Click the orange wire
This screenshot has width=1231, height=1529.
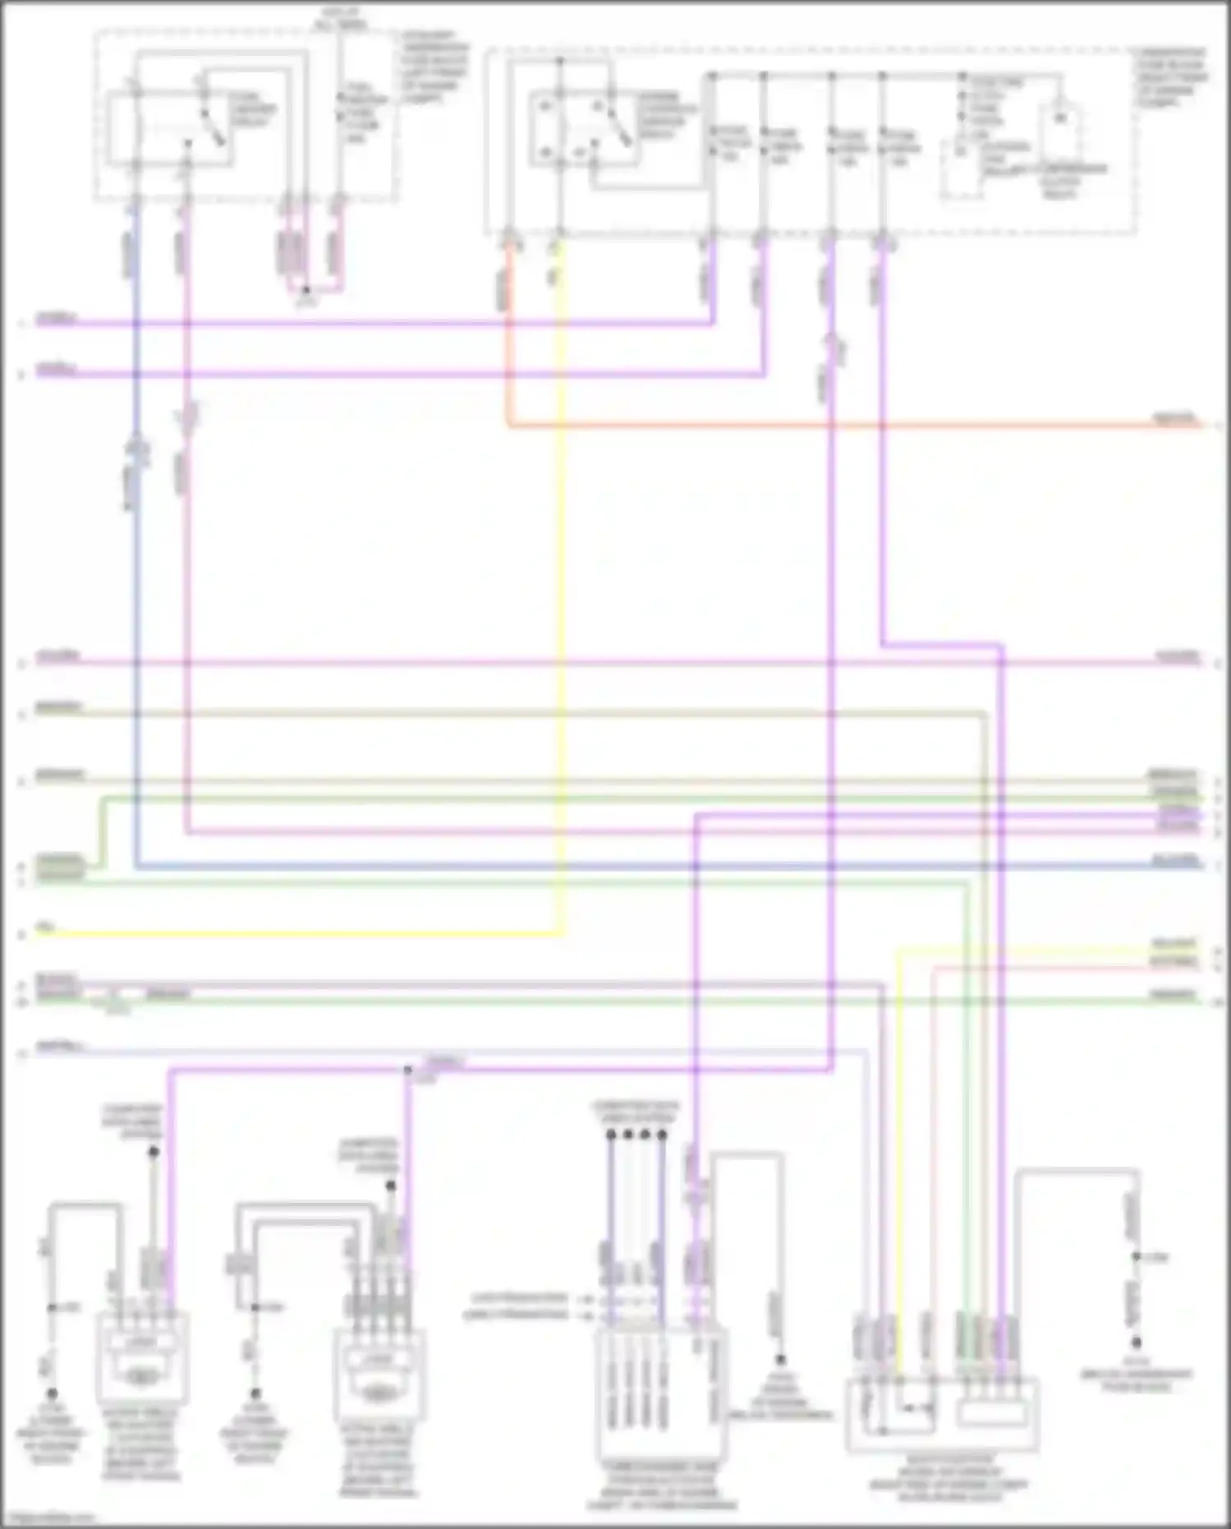(x=821, y=426)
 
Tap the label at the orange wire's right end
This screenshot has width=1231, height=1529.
(x=1176, y=418)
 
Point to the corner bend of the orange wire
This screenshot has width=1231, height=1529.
(x=508, y=425)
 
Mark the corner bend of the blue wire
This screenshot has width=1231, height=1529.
(x=136, y=866)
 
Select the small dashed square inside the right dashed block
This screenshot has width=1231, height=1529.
(x=962, y=170)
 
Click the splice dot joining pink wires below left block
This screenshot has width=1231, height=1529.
(x=306, y=290)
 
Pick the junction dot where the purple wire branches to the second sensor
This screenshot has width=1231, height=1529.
(x=407, y=1070)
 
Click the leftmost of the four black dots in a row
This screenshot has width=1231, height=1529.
(x=611, y=1135)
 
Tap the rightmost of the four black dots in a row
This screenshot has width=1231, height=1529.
(x=662, y=1135)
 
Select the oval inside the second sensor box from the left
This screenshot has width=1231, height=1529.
(x=379, y=1391)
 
